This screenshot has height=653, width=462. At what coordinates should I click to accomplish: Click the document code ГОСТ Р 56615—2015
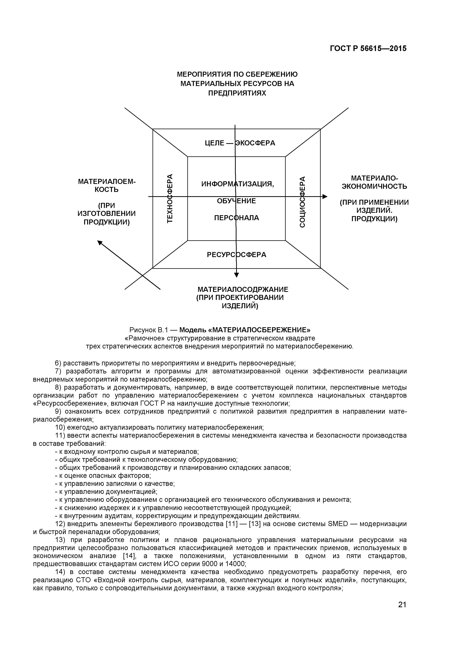tap(368, 49)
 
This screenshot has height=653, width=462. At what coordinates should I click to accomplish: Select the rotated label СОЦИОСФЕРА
tap(302, 202)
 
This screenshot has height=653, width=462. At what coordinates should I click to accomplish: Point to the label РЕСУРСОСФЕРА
tap(236, 254)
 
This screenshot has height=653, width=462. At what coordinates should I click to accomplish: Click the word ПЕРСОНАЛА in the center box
tap(236, 218)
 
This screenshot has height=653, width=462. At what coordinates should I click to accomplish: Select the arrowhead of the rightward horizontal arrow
tap(325, 197)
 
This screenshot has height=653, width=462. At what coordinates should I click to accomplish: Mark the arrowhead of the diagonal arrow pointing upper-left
tap(100, 243)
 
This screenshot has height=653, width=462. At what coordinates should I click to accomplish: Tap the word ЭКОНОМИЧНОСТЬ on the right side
tap(374, 187)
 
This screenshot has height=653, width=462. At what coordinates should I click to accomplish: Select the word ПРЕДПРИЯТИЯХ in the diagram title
tap(237, 93)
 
